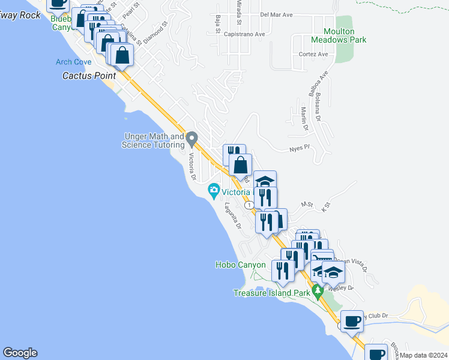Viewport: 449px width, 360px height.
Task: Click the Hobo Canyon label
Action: [x=240, y=265]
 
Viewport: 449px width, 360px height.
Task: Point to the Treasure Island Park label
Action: [x=271, y=293]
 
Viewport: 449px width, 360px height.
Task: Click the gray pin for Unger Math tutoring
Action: [x=192, y=140]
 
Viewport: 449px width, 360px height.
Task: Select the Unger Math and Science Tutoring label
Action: [x=153, y=140]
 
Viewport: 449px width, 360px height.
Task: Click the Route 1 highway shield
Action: [x=249, y=205]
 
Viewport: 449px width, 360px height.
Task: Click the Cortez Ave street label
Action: [x=313, y=54]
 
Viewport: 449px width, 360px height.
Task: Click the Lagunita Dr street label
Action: [x=232, y=215]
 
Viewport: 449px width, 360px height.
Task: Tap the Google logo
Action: [x=20, y=353]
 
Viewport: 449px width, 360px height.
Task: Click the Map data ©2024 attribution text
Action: [x=423, y=355]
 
